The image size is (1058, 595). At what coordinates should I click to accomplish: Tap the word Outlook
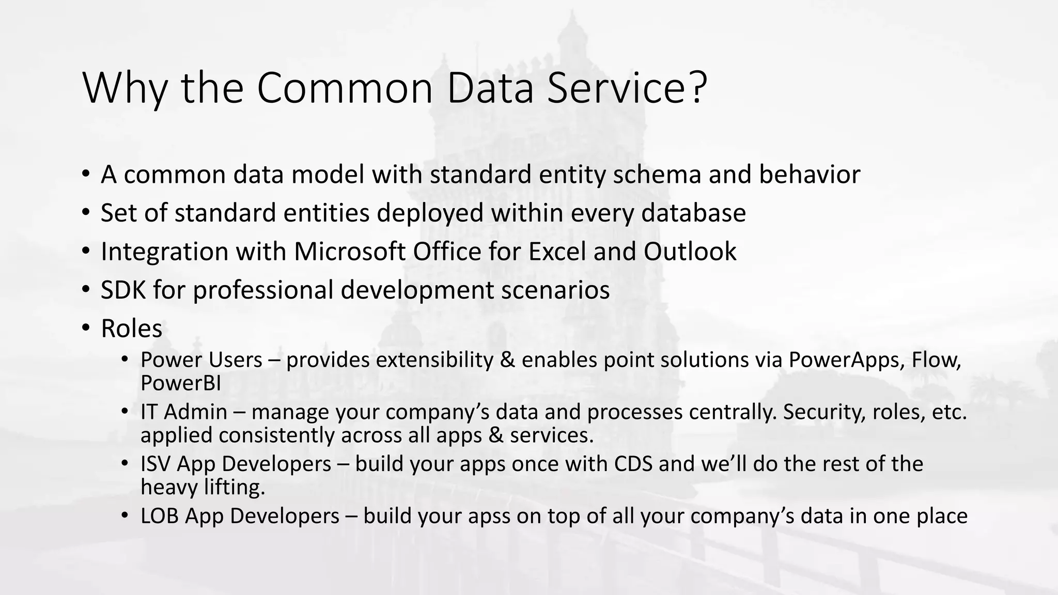690,252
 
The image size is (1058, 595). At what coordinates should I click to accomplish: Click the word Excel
557,252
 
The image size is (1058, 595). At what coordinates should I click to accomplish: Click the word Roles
131,328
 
